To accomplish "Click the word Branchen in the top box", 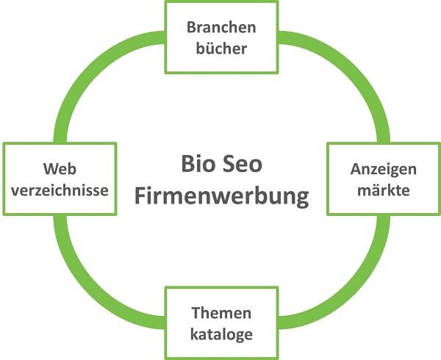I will coord(221,28).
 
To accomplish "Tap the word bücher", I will coord(221,49).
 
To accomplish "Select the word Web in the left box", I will coord(60,168).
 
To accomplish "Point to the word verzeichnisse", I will coord(60,190).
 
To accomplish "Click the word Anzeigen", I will coord(382,168).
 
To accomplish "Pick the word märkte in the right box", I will coord(382,190).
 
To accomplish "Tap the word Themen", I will coord(221,313).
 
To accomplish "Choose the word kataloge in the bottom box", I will coord(221,334).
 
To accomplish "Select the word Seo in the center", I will coord(243,164).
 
